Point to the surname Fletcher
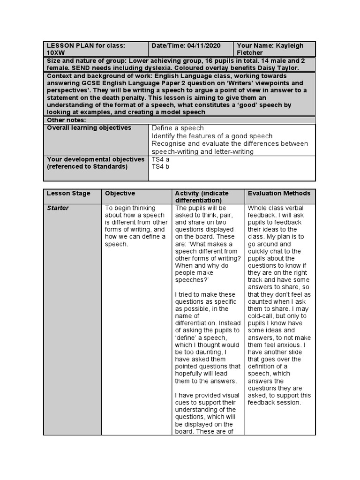(251, 53)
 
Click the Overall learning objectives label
(89, 128)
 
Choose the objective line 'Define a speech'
(178, 128)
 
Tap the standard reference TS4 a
(160, 159)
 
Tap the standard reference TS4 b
(160, 167)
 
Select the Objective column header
(120, 193)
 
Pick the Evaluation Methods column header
(279, 193)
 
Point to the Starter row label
(58, 208)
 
